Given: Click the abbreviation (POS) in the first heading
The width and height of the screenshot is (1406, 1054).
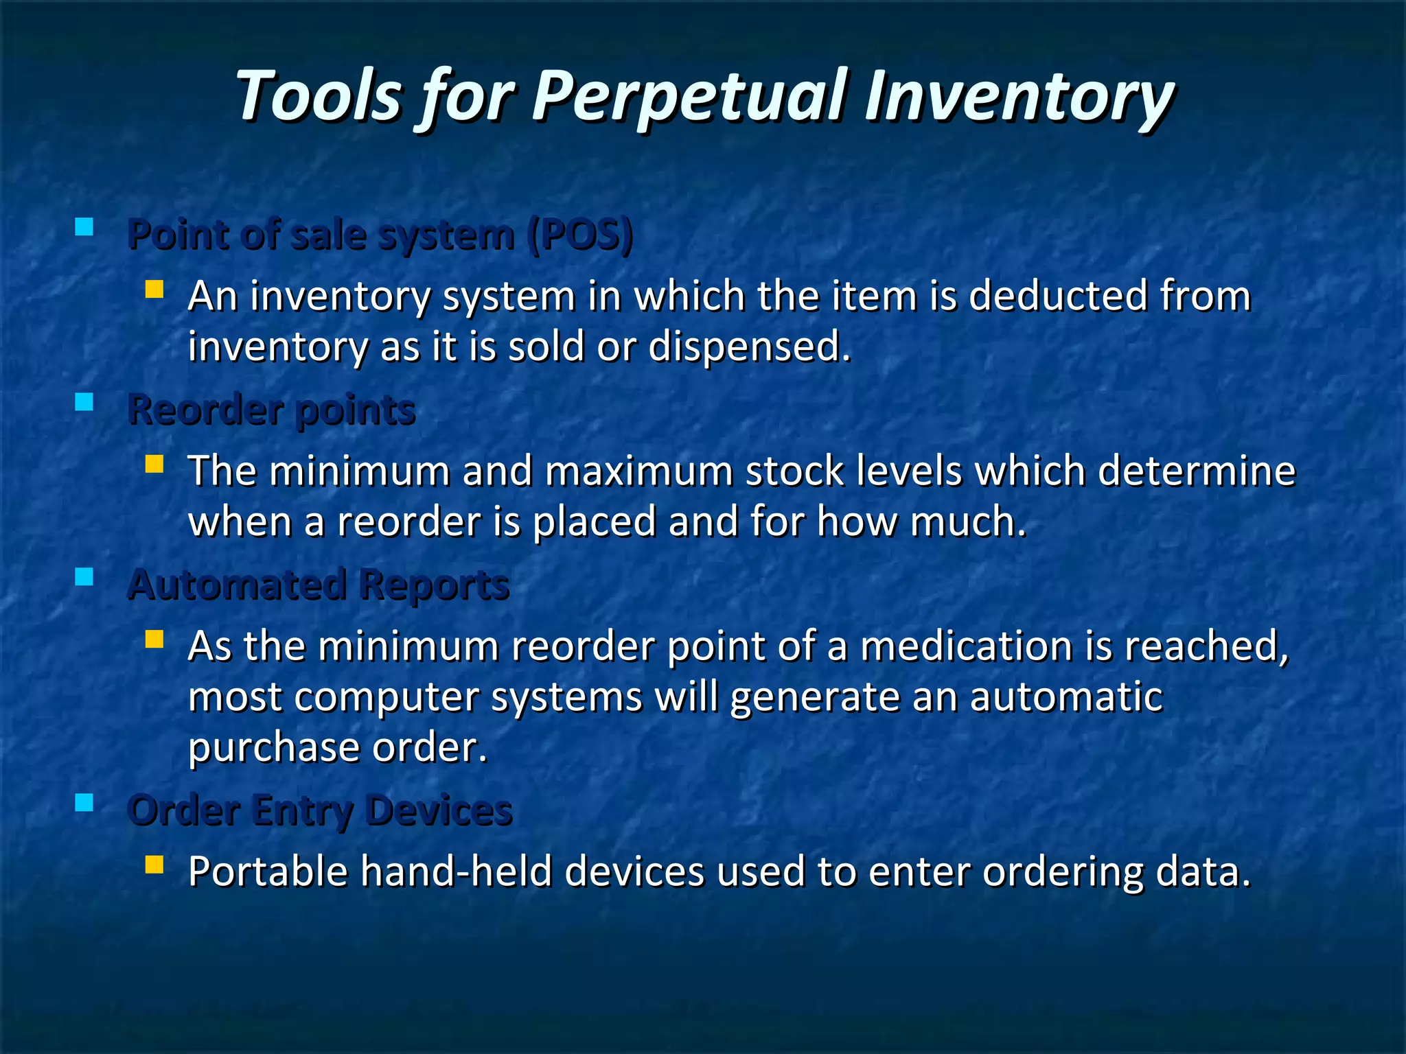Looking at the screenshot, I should pos(581,235).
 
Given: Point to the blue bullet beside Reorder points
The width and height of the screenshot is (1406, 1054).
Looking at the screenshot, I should pos(84,401).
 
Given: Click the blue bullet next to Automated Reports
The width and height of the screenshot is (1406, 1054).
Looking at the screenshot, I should pos(84,576).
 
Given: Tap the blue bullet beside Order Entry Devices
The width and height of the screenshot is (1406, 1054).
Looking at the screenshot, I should pos(84,802).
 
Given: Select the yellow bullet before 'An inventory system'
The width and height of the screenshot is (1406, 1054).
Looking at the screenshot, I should pos(154,289).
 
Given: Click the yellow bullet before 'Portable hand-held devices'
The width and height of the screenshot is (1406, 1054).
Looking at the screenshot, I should pos(154,864).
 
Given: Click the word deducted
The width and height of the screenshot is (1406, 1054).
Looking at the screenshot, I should pos(1057,296).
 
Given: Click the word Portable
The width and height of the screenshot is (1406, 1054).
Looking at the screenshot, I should pos(268,872).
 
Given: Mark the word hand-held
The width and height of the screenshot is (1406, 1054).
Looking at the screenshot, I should pos(457,872).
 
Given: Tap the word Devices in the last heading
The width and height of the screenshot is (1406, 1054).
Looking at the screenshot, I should pos(439,810).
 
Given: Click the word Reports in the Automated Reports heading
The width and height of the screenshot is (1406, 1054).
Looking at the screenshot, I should pos(434,585).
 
